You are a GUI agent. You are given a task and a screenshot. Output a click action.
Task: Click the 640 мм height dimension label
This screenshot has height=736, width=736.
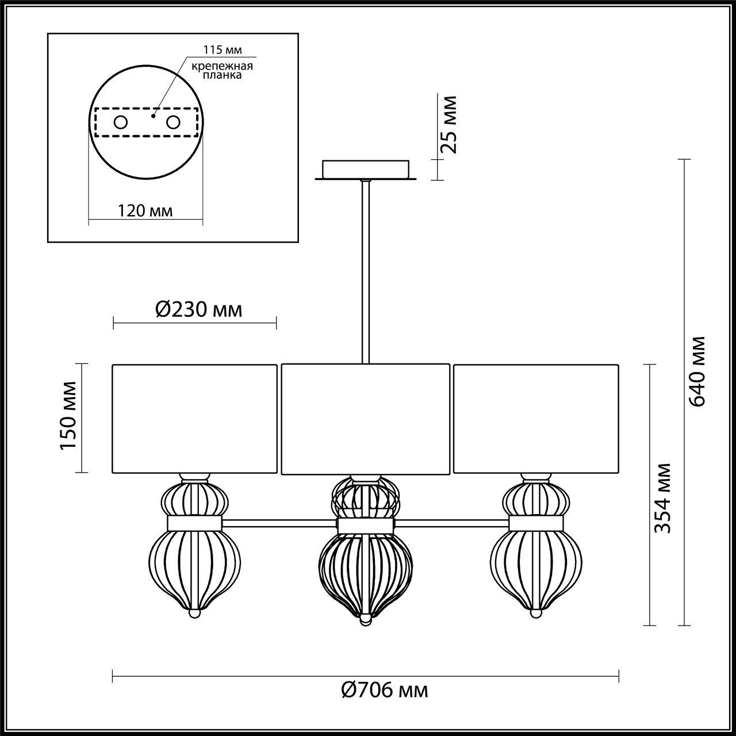(x=697, y=371)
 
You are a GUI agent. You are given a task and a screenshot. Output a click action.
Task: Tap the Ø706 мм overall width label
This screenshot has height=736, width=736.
(x=384, y=689)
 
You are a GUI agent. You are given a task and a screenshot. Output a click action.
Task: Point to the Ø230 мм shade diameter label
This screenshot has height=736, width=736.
(x=198, y=310)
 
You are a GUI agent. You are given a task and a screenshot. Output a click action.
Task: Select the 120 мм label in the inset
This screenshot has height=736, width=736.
(x=145, y=210)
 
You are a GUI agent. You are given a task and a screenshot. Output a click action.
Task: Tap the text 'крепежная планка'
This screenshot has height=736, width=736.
(x=223, y=70)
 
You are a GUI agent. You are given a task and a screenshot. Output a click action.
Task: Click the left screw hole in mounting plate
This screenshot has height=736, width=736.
(x=121, y=122)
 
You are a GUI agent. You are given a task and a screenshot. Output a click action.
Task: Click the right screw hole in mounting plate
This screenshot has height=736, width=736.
(x=173, y=122)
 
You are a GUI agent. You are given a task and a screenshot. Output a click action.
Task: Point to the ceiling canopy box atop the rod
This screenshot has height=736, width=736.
(x=365, y=169)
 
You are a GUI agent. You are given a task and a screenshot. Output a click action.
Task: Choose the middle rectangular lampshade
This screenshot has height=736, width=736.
(x=365, y=419)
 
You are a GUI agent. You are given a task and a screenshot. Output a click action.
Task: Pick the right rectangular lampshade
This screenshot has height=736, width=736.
(x=536, y=419)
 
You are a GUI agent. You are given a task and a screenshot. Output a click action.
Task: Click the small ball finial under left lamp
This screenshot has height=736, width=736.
(x=195, y=615)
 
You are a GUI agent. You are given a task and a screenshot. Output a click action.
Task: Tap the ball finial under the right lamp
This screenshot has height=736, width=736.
(x=536, y=615)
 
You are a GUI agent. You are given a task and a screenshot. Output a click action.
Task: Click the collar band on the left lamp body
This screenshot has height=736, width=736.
(x=194, y=523)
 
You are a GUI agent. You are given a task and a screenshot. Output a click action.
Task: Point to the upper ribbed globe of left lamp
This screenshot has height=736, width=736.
(x=194, y=498)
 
